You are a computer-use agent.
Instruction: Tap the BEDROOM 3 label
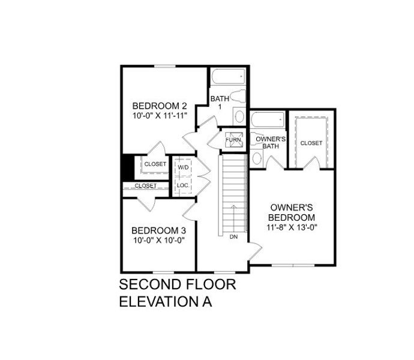(158, 230)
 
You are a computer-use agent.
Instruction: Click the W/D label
(183, 167)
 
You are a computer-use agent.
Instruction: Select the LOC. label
(183, 186)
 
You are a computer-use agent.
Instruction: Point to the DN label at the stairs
(233, 236)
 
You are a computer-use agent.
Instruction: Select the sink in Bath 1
(238, 117)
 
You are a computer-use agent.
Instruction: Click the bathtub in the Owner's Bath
(268, 120)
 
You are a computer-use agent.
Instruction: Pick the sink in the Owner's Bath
(257, 158)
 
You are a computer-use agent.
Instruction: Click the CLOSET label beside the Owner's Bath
(311, 143)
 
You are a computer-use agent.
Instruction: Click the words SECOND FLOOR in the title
(178, 284)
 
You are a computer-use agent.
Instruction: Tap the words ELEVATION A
(166, 301)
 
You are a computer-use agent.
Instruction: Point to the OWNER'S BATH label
(270, 142)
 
